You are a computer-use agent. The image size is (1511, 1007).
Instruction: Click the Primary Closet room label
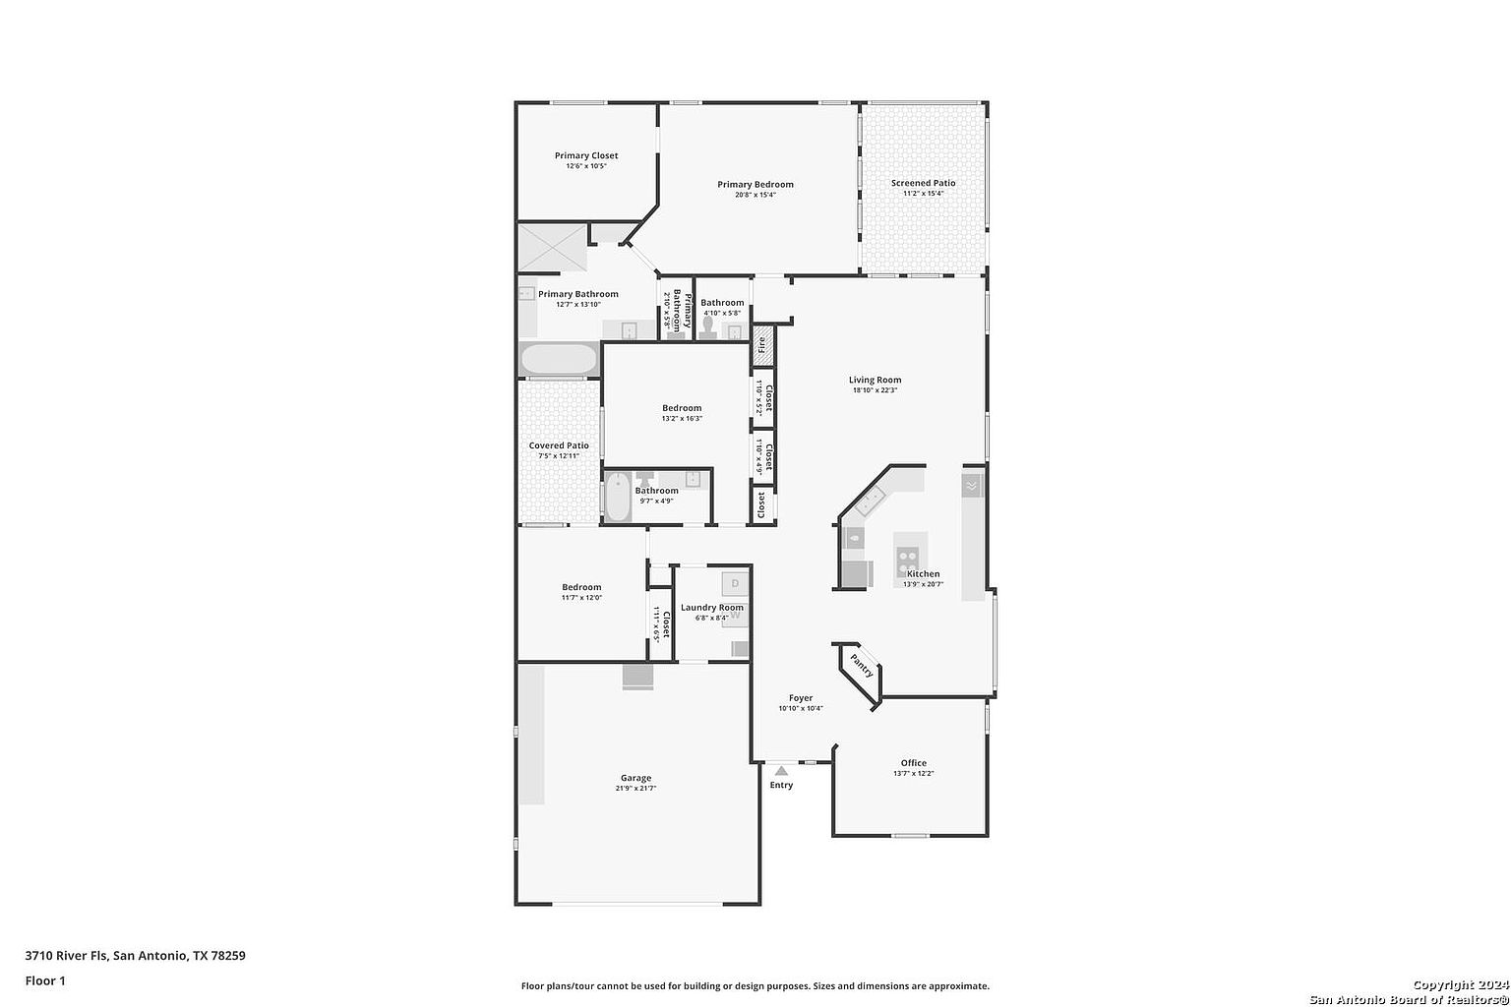586,155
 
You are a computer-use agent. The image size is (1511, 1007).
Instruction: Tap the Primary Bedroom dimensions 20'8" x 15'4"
755,195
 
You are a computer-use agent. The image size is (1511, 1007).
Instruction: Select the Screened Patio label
923,183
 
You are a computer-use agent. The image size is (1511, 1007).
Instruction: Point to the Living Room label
875,380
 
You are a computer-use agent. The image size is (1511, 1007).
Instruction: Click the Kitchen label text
923,573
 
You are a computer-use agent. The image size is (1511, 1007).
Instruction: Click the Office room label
913,763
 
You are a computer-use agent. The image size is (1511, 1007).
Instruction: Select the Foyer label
801,698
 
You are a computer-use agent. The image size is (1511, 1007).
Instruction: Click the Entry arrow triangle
781,770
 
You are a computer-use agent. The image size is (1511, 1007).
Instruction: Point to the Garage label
635,778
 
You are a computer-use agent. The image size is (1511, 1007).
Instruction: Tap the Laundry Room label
712,608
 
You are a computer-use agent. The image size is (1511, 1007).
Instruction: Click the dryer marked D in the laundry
735,583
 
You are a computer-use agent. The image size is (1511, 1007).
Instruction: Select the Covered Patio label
559,445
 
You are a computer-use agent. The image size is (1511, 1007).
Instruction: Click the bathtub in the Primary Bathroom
559,359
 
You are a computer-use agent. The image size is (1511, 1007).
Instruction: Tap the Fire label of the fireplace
761,345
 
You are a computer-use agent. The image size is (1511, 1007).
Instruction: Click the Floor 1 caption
45,980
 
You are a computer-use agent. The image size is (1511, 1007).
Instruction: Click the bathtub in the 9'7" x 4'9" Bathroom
618,498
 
